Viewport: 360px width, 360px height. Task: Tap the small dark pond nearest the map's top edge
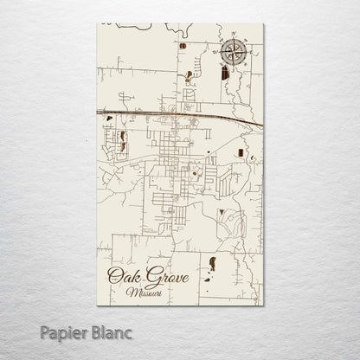tap(183, 44)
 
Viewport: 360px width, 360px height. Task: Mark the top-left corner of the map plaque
tap(97, 25)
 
